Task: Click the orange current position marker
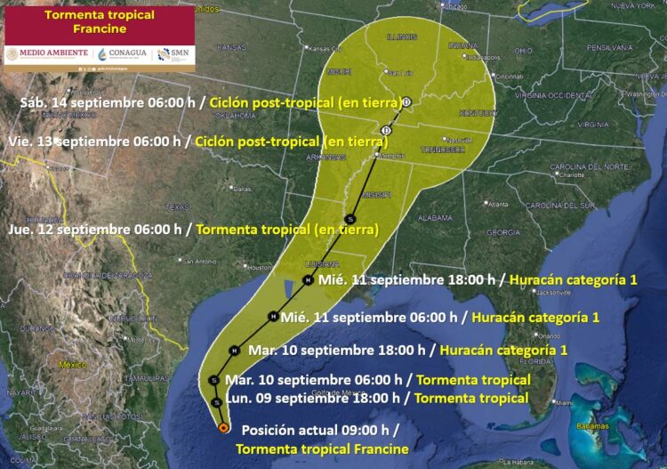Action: pyautogui.click(x=222, y=428)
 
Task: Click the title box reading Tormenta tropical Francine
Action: pyautogui.click(x=86, y=21)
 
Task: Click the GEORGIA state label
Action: pyautogui.click(x=502, y=232)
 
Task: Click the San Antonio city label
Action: pyautogui.click(x=198, y=261)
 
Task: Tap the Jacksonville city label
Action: pyautogui.click(x=552, y=292)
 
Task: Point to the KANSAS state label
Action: pyautogui.click(x=231, y=46)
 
